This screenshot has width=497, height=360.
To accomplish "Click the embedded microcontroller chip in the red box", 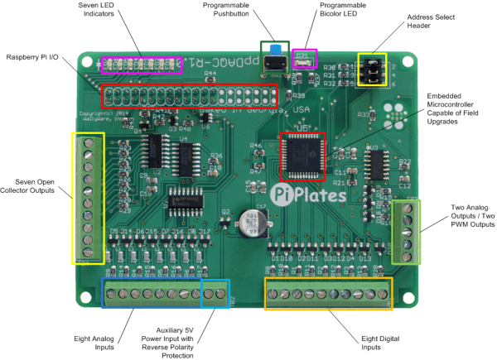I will [303, 156].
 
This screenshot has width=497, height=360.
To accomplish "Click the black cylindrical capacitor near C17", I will [252, 222].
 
